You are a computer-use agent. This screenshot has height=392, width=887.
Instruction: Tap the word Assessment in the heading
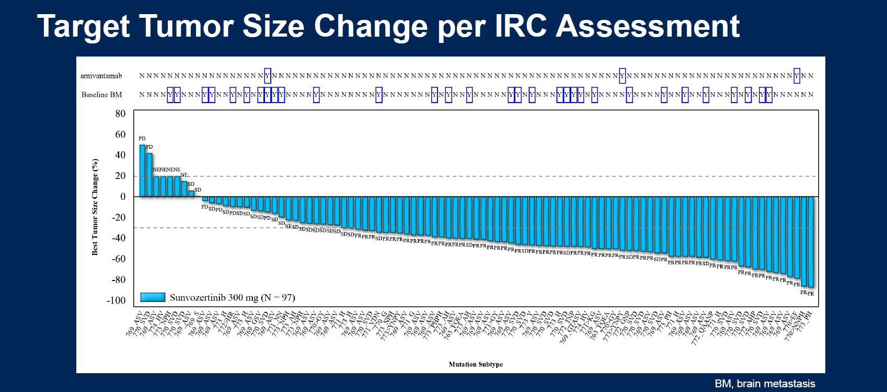point(648,26)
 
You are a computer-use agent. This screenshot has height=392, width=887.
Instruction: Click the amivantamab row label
point(101,76)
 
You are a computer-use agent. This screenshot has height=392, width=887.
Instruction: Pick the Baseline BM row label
point(101,95)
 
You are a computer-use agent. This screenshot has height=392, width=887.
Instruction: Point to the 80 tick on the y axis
point(120,114)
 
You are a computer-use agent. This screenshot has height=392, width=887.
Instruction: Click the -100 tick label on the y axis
point(116,300)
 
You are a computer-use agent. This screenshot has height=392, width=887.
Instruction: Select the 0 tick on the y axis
point(123,197)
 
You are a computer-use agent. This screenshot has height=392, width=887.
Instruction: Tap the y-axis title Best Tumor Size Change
point(95,207)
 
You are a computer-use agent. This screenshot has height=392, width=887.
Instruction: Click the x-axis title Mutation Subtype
point(476,364)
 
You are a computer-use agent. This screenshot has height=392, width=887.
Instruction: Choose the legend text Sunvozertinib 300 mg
point(232,298)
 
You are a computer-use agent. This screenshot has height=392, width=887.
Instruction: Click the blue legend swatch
point(153,298)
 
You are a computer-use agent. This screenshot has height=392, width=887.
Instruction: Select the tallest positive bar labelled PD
point(142,170)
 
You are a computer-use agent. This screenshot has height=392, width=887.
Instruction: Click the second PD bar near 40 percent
point(149,175)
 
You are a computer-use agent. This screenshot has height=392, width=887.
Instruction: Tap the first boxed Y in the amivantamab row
point(268,76)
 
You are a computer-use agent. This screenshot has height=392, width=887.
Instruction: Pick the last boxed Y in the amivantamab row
point(797,76)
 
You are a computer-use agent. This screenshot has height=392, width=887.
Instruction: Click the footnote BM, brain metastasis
point(765,384)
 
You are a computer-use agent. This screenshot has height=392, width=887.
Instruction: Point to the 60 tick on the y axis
point(120,135)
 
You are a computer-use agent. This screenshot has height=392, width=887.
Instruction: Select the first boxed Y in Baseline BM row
point(170,95)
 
